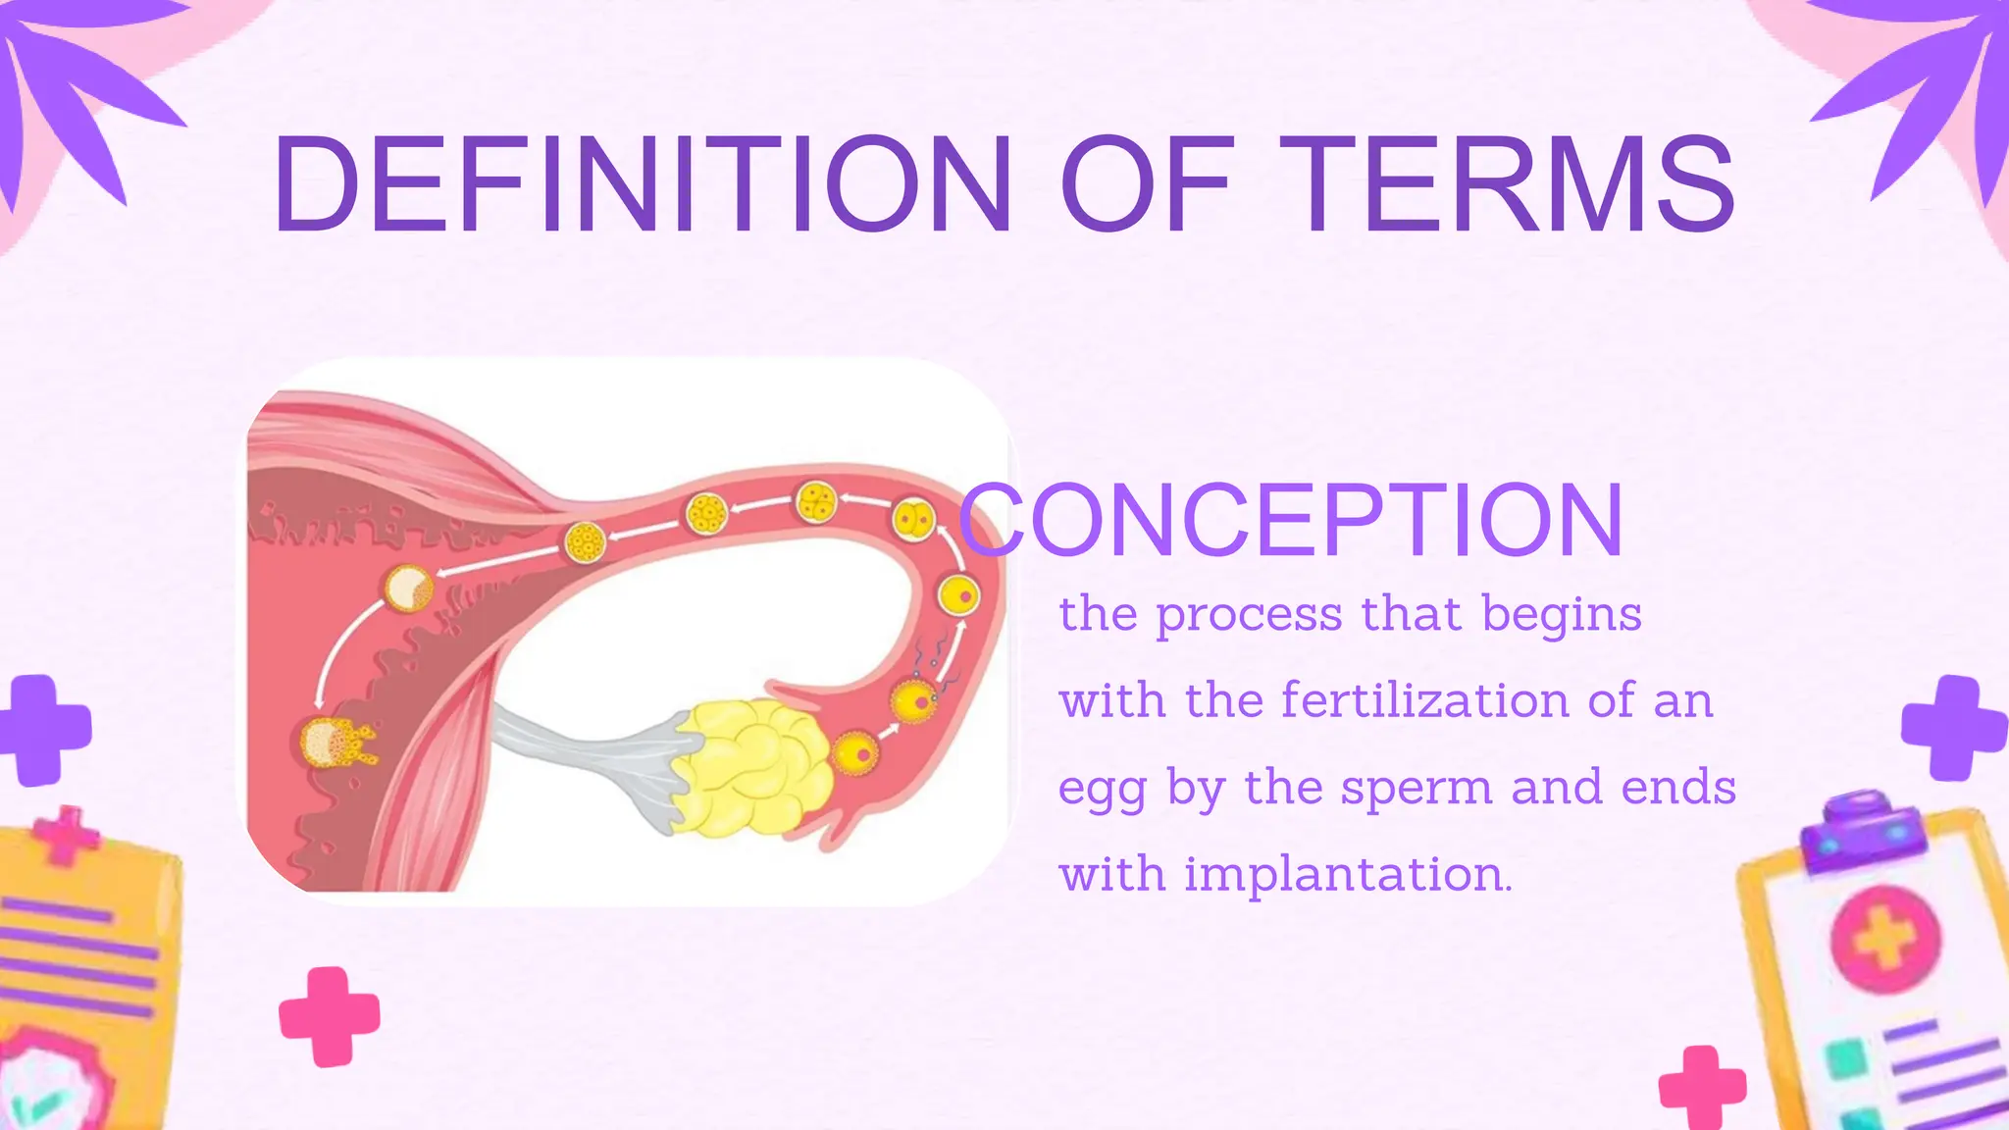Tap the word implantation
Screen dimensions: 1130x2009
tap(1348, 873)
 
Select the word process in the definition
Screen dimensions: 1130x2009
tap(1249, 616)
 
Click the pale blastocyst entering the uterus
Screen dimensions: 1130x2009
tap(407, 588)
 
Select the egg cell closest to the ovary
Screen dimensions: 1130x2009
tap(855, 754)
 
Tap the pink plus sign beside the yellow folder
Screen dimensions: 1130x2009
tap(330, 1016)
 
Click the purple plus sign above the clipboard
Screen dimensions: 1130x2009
tap(1952, 727)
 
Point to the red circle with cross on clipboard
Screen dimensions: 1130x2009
tap(1884, 938)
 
